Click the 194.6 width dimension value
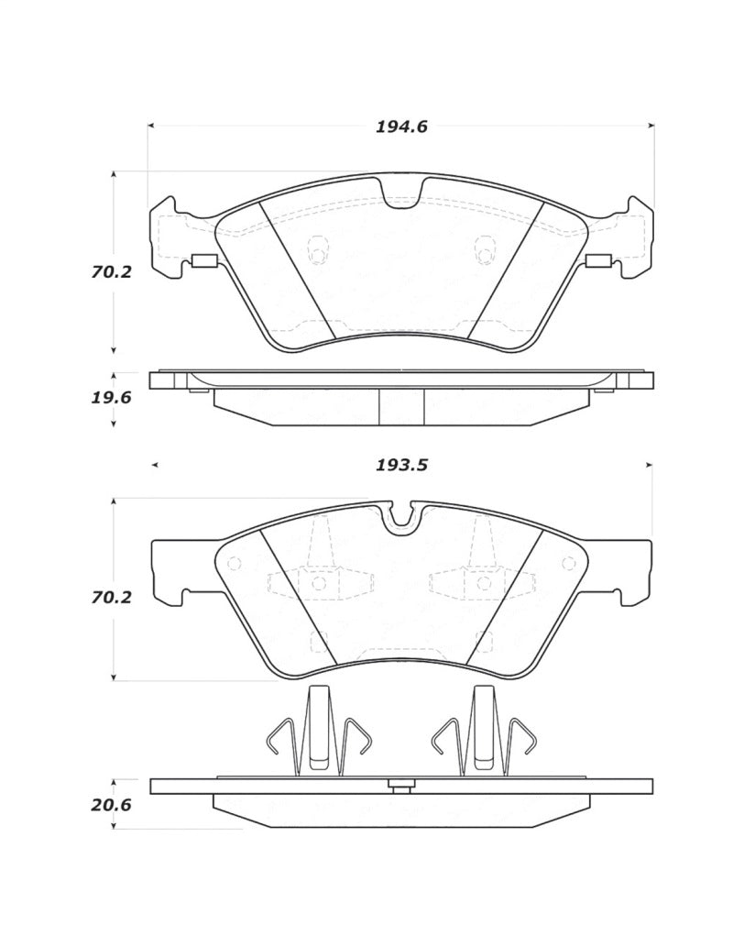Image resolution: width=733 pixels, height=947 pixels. tap(401, 127)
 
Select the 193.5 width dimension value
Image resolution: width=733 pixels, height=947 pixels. tap(401, 465)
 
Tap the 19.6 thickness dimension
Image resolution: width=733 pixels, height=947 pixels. tap(111, 398)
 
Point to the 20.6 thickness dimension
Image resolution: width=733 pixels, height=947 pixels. tap(111, 805)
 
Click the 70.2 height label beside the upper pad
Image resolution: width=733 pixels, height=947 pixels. tap(111, 272)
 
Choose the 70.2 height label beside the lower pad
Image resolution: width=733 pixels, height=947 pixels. tap(111, 597)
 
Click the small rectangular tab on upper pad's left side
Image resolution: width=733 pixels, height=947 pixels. tap(202, 261)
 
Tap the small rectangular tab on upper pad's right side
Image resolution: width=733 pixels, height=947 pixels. tap(598, 261)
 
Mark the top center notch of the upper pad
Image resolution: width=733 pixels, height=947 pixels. tap(401, 193)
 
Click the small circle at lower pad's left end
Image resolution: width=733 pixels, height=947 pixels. tap(233, 564)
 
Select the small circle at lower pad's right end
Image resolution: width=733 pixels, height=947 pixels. tap(569, 564)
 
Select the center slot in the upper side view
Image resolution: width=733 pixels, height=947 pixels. tap(401, 406)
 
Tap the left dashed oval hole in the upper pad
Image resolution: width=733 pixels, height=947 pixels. tap(318, 249)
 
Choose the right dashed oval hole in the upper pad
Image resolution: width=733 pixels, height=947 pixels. tap(483, 249)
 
